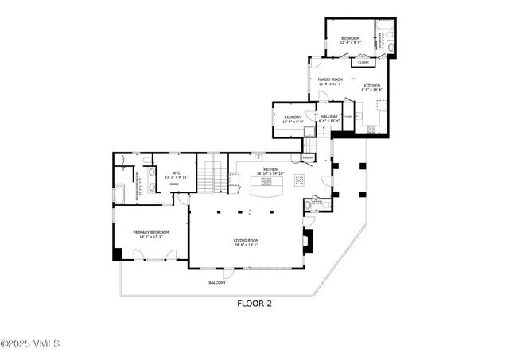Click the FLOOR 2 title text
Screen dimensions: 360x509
pyautogui.click(x=254, y=303)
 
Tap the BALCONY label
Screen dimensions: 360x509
pyautogui.click(x=217, y=283)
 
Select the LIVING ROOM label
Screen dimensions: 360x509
pyautogui.click(x=248, y=239)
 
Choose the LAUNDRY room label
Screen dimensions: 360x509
pyautogui.click(x=292, y=117)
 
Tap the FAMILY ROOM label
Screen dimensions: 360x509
pyautogui.click(x=330, y=79)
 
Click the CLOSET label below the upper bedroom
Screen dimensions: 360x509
pyautogui.click(x=363, y=62)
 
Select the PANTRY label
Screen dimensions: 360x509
pyautogui.click(x=309, y=157)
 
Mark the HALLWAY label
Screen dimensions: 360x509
pyautogui.click(x=330, y=117)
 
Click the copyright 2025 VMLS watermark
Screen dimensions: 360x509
pyautogui.click(x=30, y=344)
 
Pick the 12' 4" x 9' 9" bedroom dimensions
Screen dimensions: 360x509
pyautogui.click(x=350, y=43)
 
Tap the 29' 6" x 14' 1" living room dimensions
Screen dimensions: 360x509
pyautogui.click(x=248, y=245)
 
